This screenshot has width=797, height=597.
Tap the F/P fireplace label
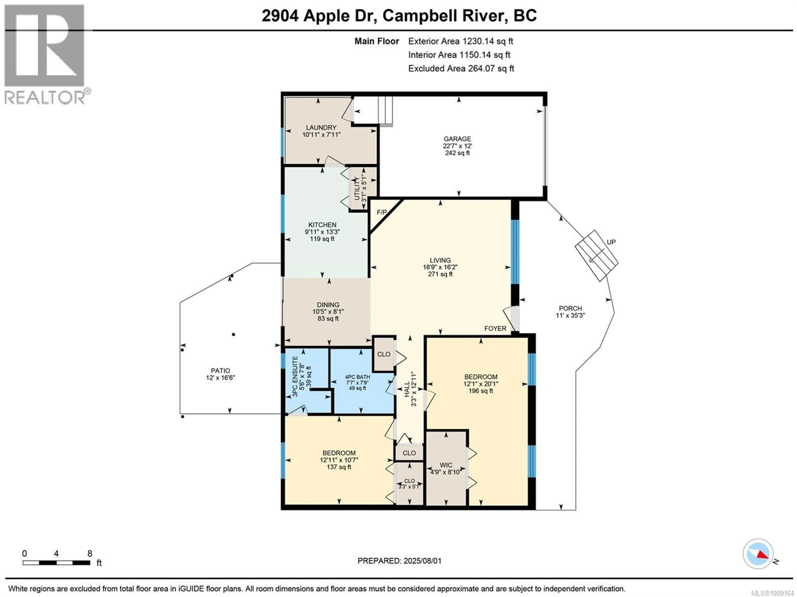coord(381,212)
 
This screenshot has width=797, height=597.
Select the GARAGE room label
coord(457,139)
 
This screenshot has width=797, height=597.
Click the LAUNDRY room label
coord(321,128)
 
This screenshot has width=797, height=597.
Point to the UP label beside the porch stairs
coord(611,242)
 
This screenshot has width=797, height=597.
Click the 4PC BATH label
coord(357,377)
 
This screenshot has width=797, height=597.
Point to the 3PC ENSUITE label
coord(295,377)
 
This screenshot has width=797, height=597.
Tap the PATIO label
coord(220,371)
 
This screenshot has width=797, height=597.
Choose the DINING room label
coord(328,305)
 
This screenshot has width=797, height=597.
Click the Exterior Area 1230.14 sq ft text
coord(461,41)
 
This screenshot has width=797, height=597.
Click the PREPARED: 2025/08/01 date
coord(399,561)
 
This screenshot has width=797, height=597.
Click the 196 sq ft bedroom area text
coord(481,391)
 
